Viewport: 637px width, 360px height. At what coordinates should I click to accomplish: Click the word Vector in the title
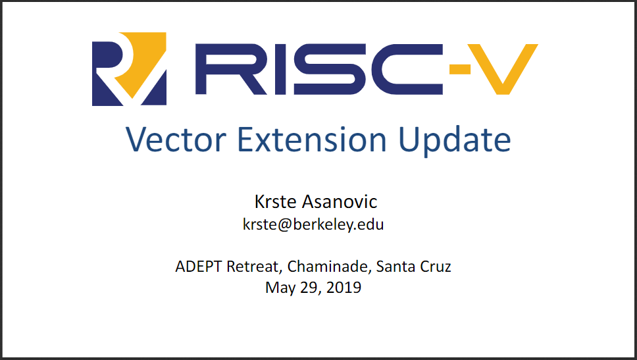coord(176,140)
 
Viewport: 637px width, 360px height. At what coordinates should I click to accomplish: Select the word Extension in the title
coord(312,140)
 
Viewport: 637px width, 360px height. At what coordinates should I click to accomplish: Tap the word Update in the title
coord(454,141)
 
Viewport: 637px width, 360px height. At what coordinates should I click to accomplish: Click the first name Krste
coord(275,202)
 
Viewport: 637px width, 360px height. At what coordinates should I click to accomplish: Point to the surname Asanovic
coord(340,202)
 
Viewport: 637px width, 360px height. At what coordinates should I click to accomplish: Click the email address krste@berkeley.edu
coord(313,224)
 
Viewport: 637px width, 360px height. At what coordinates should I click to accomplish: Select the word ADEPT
coord(198,267)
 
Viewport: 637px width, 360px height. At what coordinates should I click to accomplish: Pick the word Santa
coord(395,267)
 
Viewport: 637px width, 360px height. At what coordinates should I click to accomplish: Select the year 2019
coord(344,287)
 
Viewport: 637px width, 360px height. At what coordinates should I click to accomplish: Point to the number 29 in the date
coord(309,288)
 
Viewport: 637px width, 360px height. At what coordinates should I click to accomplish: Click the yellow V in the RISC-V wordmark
coord(503,69)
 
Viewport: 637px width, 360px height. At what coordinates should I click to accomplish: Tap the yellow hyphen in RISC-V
coord(460,70)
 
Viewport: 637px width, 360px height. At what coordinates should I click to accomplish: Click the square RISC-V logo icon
coord(129,69)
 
